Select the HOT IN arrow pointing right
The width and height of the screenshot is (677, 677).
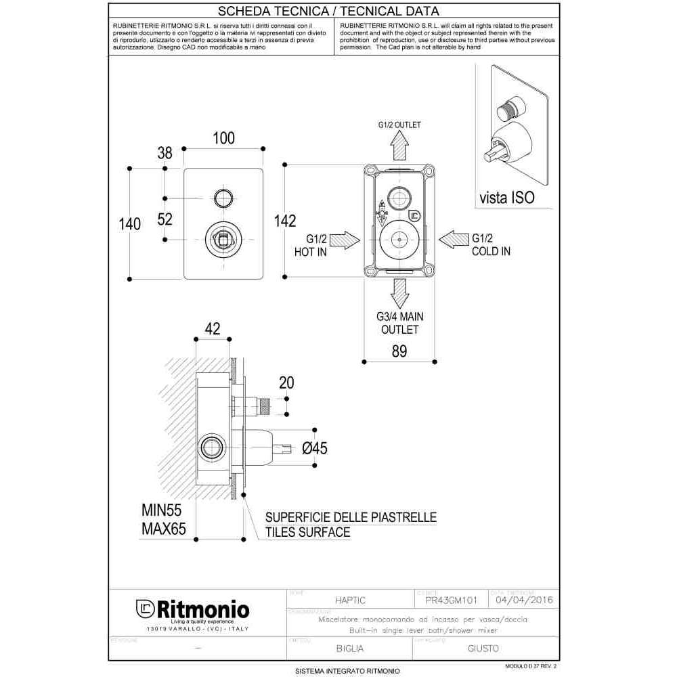point(347,239)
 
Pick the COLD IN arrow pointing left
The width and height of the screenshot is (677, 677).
point(452,239)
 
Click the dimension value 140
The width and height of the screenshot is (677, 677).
point(129,223)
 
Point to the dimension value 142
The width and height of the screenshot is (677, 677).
point(285,221)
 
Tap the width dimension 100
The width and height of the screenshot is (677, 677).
point(223,138)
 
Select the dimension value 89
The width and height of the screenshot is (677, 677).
point(399,351)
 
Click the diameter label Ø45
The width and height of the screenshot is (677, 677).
point(315,448)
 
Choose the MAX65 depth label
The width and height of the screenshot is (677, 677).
point(163,529)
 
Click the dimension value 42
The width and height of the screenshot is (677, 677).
point(213,328)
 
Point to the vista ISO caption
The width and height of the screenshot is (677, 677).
point(506,198)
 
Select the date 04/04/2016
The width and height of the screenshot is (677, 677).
point(525,600)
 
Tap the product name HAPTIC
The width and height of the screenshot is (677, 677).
point(352,600)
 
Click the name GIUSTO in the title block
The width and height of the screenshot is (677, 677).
point(483,648)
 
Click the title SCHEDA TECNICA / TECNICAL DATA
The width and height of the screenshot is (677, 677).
point(334,11)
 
